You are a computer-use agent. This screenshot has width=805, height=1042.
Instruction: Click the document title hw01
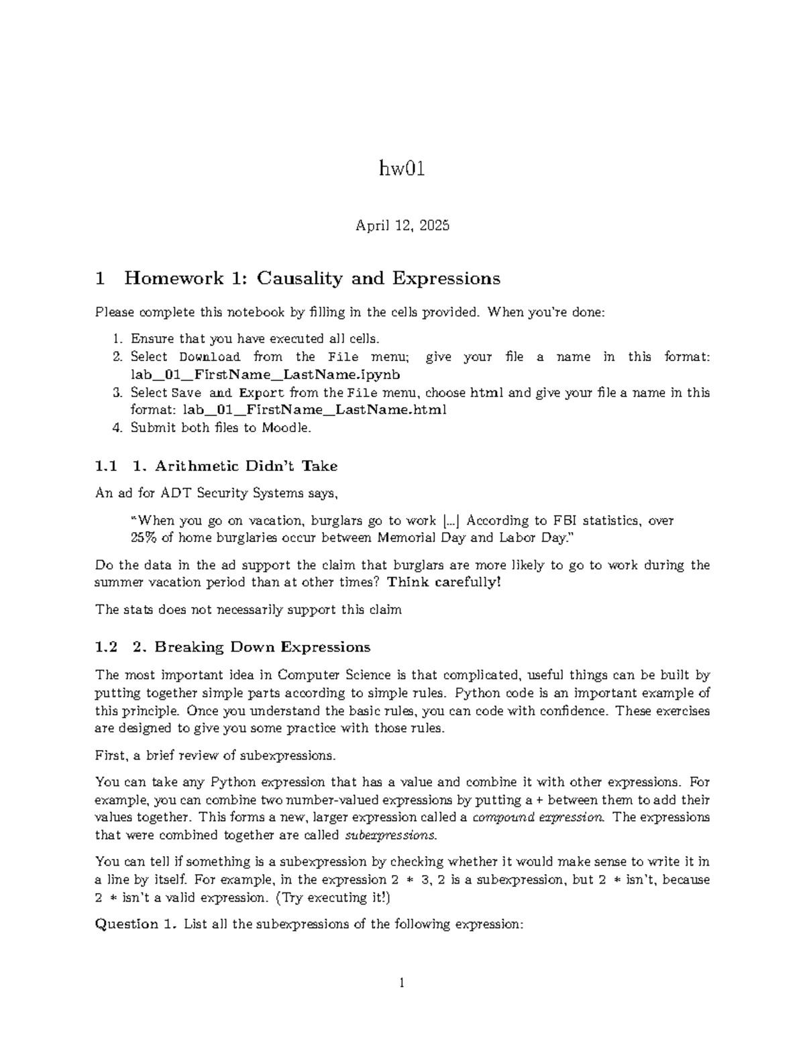[402, 170]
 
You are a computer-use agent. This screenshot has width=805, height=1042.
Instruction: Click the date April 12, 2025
[402, 225]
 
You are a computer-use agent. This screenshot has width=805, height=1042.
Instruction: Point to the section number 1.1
[107, 466]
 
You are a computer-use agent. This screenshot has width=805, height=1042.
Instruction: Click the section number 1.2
[107, 647]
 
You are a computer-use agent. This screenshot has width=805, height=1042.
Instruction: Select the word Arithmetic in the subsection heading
[199, 466]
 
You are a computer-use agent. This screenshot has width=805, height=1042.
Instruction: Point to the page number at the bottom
[402, 984]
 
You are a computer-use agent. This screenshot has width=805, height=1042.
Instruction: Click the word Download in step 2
[209, 357]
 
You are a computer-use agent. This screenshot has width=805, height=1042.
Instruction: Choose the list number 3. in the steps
[117, 393]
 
